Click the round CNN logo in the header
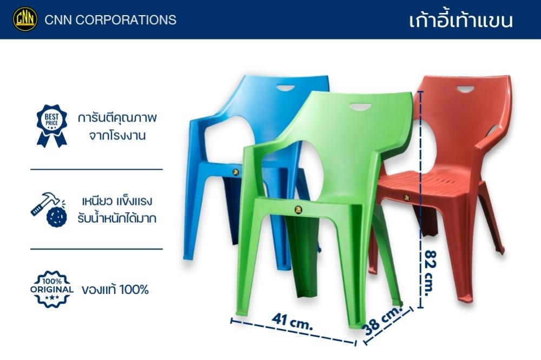pyautogui.click(x=25, y=19)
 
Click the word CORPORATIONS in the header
pyautogui.click(x=126, y=19)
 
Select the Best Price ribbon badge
pyautogui.click(x=52, y=126)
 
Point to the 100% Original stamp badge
pyautogui.click(x=52, y=289)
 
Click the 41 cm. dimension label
pyautogui.click(x=292, y=321)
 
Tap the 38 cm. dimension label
pyautogui.click(x=383, y=321)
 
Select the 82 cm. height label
pyautogui.click(x=430, y=273)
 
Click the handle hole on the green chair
pyautogui.click(x=360, y=107)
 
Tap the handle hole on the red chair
pyautogui.click(x=465, y=90)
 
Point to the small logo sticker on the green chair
pyautogui.click(x=298, y=210)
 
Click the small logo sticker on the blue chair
pyautogui.click(x=236, y=172)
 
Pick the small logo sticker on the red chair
pyautogui.click(x=406, y=198)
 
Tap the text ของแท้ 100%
pyautogui.click(x=115, y=289)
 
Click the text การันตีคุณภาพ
pyautogui.click(x=117, y=118)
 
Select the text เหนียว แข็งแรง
pyautogui.click(x=117, y=201)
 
